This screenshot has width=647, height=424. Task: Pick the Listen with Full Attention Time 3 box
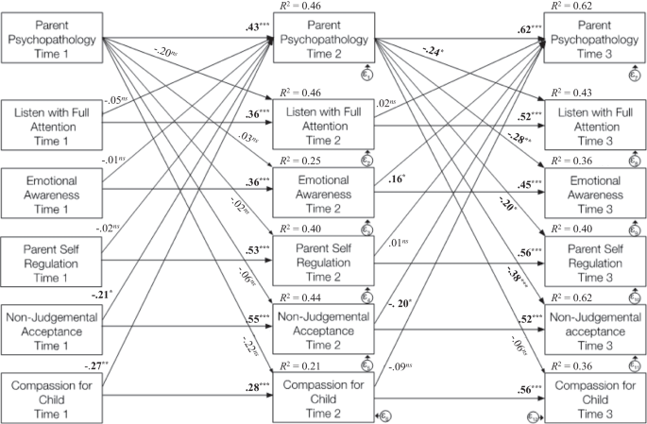tap(602, 122)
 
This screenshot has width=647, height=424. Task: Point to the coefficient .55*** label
tap(257, 318)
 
